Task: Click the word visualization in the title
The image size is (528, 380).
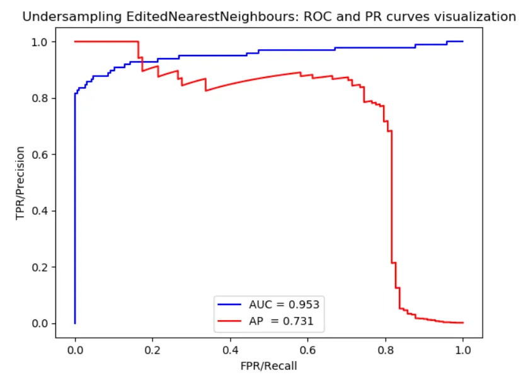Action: click(x=476, y=17)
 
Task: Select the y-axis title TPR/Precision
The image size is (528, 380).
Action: click(x=21, y=183)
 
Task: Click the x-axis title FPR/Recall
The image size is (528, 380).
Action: click(x=269, y=366)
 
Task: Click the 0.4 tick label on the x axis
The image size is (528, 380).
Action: click(x=230, y=348)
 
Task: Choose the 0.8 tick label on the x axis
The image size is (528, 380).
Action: click(x=386, y=348)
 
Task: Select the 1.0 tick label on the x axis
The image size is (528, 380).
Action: click(x=463, y=348)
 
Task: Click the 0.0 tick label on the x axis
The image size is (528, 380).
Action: click(x=75, y=348)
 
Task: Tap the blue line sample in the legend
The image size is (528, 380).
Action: click(x=230, y=304)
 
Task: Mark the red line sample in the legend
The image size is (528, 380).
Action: click(x=230, y=322)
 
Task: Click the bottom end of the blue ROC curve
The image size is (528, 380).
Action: click(x=75, y=323)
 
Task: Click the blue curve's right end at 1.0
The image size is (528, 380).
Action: click(x=462, y=42)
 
